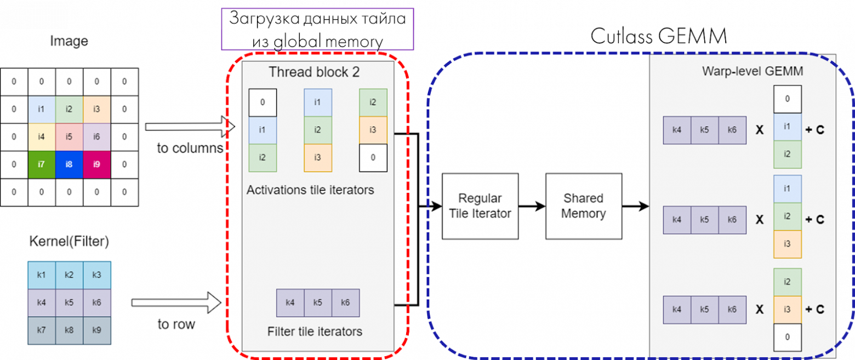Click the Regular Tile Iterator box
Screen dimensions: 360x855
pyautogui.click(x=480, y=206)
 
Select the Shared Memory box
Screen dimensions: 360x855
pyautogui.click(x=584, y=206)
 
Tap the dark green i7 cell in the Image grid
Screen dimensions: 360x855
pyautogui.click(x=42, y=164)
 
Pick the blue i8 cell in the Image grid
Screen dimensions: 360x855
pyautogui.click(x=69, y=164)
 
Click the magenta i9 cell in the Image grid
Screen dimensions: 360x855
pyautogui.click(x=97, y=164)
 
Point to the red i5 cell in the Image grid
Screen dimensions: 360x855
pyautogui.click(x=69, y=136)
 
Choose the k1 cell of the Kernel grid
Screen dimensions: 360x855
pyautogui.click(x=42, y=275)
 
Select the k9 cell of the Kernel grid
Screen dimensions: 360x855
pyautogui.click(x=97, y=330)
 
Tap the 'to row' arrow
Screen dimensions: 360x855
pyautogui.click(x=176, y=302)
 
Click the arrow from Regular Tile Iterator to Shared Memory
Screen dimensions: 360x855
pyautogui.click(x=532, y=206)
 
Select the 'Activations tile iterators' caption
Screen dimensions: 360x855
pyautogui.click(x=310, y=191)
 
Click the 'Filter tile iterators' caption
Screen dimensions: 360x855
pyautogui.click(x=315, y=332)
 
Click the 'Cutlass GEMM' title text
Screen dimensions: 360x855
pyautogui.click(x=658, y=37)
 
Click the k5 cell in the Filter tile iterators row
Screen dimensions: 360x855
pyautogui.click(x=318, y=302)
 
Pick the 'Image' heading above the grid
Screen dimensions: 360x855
pyautogui.click(x=69, y=41)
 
